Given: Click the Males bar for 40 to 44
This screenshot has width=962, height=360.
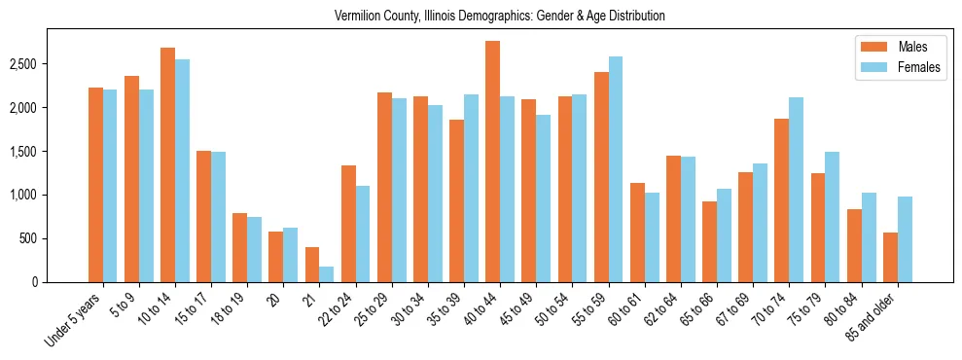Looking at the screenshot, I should tap(492, 162).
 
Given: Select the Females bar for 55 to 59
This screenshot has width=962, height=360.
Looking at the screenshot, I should tap(616, 169).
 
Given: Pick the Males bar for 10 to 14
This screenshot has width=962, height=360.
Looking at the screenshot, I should tap(167, 164).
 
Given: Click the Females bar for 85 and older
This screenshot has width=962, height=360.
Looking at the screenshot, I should tap(905, 239).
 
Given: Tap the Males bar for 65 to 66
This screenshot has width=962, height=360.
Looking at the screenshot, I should tap(709, 241).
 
